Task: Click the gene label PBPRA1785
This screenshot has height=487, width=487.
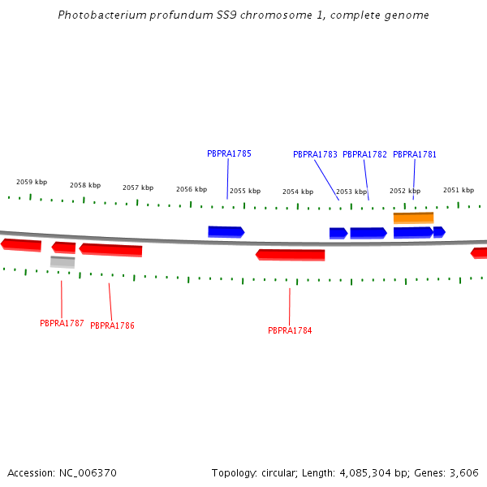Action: click(229, 153)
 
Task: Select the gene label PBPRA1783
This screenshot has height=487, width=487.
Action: click(315, 154)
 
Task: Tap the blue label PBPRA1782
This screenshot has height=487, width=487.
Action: click(364, 154)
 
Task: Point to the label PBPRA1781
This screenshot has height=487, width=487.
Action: click(415, 154)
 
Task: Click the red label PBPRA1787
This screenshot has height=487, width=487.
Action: click(62, 323)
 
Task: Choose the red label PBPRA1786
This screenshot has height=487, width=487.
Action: click(112, 325)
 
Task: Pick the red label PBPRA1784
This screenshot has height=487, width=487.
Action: click(290, 330)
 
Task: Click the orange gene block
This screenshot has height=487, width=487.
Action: click(413, 218)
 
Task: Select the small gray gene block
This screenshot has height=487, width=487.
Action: click(62, 261)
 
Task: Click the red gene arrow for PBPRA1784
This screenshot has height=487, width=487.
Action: click(291, 255)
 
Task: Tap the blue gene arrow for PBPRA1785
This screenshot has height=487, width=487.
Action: click(226, 231)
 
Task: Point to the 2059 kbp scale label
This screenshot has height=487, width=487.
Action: click(32, 182)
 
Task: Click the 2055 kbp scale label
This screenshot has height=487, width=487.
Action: click(245, 192)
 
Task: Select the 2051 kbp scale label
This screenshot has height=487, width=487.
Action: click(459, 190)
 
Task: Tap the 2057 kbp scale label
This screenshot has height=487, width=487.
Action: click(138, 187)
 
